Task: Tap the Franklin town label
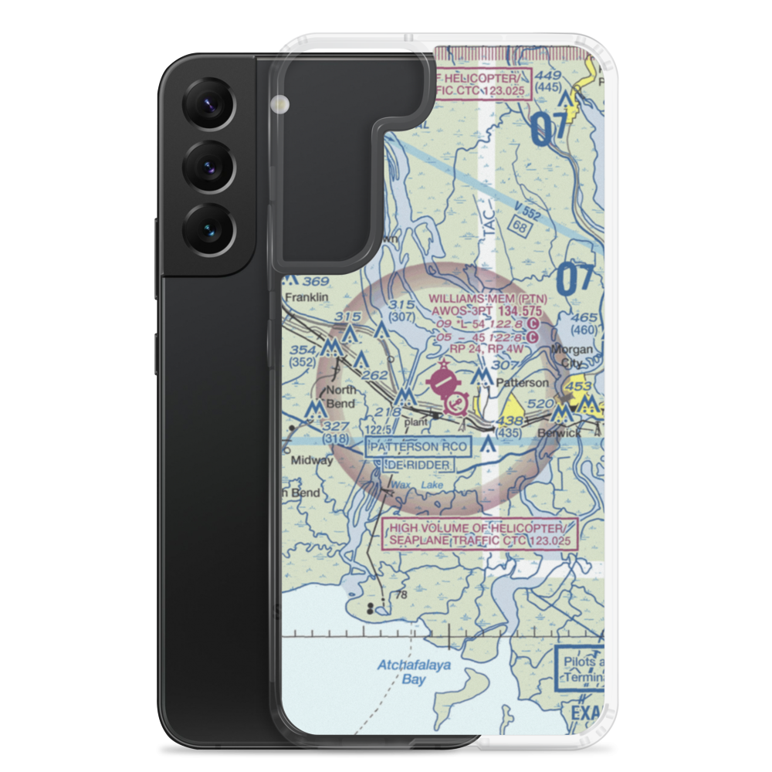306,297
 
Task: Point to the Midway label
311,460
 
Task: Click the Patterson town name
523,382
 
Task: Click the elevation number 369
316,282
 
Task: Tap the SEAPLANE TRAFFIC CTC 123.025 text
480,541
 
